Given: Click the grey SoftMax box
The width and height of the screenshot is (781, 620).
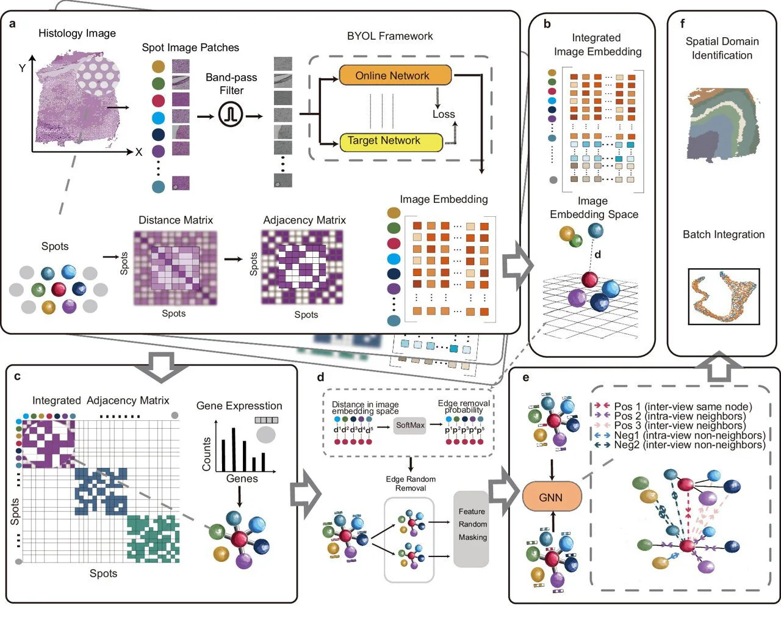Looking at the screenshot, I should (409, 425).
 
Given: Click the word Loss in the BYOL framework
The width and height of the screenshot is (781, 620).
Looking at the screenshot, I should (444, 114).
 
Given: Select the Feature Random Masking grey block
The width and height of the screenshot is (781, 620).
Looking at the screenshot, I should (472, 528).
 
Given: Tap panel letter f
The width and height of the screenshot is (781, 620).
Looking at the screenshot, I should (682, 24).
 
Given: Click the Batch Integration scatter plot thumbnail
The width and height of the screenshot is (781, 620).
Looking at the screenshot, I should (724, 296).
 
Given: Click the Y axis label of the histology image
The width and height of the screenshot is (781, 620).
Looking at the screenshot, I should (23, 68).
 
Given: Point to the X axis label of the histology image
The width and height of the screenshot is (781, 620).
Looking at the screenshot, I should (139, 152).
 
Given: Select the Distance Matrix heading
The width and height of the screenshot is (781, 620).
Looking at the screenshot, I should (176, 220).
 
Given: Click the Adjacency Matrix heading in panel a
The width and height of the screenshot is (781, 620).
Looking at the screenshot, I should (304, 220).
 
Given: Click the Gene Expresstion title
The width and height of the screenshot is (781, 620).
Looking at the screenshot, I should (239, 406).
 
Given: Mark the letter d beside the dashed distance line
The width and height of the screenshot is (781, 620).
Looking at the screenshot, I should (598, 254).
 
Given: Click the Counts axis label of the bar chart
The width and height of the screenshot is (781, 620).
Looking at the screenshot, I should (206, 454).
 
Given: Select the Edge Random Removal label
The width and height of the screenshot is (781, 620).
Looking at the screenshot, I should (411, 483).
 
